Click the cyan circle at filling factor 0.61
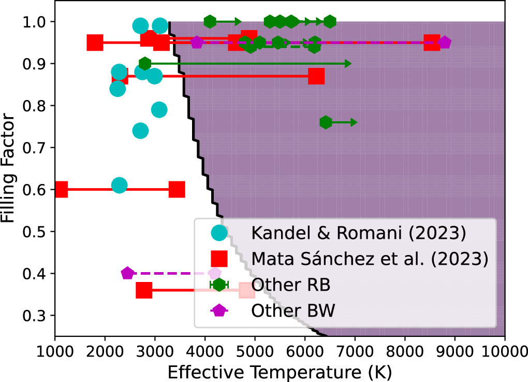point(119,186)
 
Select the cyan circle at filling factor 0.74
point(140,131)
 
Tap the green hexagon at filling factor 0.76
point(326,122)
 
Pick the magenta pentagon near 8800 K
point(444,43)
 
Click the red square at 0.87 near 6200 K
point(316,76)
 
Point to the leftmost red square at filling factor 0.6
point(61,190)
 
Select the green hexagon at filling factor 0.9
point(145,63)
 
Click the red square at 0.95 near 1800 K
point(95,43)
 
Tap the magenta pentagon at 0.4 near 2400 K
point(127,273)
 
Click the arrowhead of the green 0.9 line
point(348,63)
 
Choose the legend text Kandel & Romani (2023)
point(359,234)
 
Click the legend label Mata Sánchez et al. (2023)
point(370,259)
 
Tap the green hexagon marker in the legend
point(219,285)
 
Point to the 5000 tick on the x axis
point(255,336)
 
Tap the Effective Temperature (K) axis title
point(280,372)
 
